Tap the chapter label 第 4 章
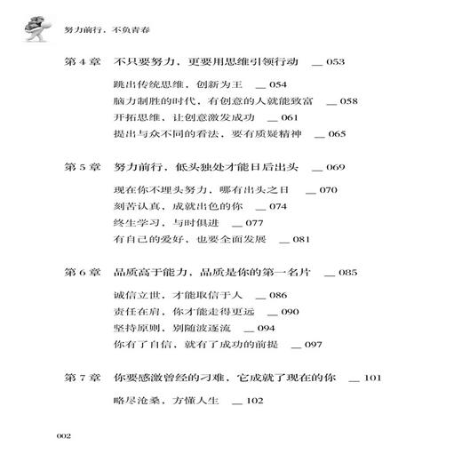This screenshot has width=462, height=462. click(x=86, y=64)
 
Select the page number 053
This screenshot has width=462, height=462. click(x=335, y=64)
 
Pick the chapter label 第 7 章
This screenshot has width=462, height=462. click(x=86, y=378)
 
